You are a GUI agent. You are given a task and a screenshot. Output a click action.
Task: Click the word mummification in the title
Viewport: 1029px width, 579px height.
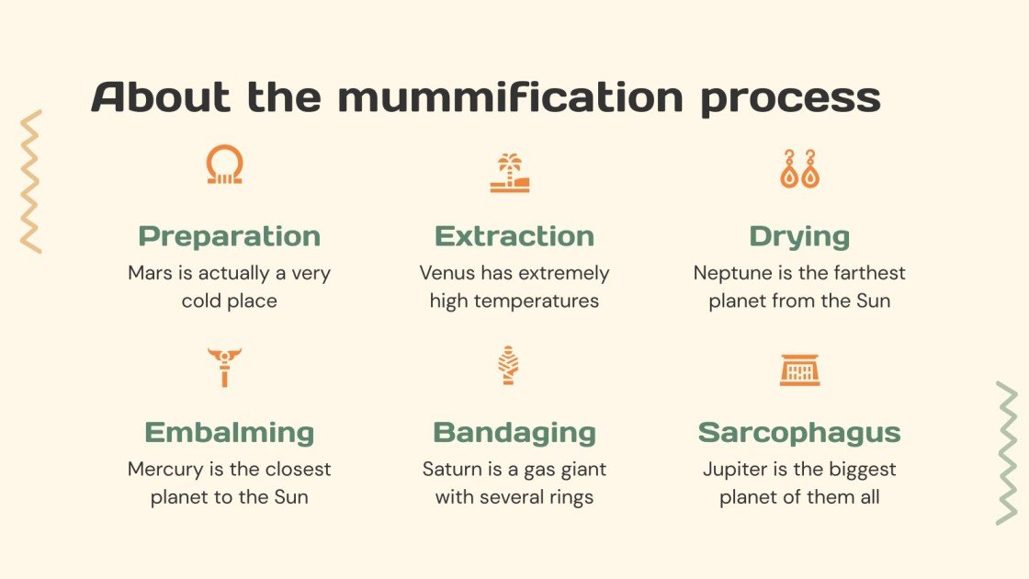[510, 98]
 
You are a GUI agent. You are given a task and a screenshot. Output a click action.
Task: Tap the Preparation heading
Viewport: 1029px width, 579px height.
[229, 236]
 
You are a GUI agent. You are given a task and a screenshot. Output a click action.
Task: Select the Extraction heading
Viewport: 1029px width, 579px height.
[514, 236]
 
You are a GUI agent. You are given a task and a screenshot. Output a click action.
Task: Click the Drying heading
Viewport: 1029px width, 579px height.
[799, 236]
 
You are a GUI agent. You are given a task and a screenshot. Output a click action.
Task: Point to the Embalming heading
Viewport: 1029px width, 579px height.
[229, 432]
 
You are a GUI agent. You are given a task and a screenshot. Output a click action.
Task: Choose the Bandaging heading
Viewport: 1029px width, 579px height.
[514, 432]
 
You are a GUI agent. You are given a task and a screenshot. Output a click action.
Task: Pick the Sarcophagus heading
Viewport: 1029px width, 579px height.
[799, 432]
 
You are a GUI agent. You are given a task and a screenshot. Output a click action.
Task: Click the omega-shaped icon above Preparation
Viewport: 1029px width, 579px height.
[224, 166]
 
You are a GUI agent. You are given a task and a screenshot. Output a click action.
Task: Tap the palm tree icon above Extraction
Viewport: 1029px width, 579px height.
[509, 172]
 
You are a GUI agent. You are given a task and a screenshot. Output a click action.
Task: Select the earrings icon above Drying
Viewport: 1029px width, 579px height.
[799, 169]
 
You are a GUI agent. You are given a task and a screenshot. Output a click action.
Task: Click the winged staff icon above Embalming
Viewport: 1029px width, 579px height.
[223, 367]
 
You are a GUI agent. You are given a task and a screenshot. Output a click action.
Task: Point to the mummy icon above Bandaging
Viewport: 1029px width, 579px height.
[508, 365]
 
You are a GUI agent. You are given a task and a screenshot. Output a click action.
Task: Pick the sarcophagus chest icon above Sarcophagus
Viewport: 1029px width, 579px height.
[799, 369]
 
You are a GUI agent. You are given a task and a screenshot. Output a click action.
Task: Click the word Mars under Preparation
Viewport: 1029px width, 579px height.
[149, 273]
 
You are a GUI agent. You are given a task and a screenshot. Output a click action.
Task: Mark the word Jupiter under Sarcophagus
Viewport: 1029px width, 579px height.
[736, 469]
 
